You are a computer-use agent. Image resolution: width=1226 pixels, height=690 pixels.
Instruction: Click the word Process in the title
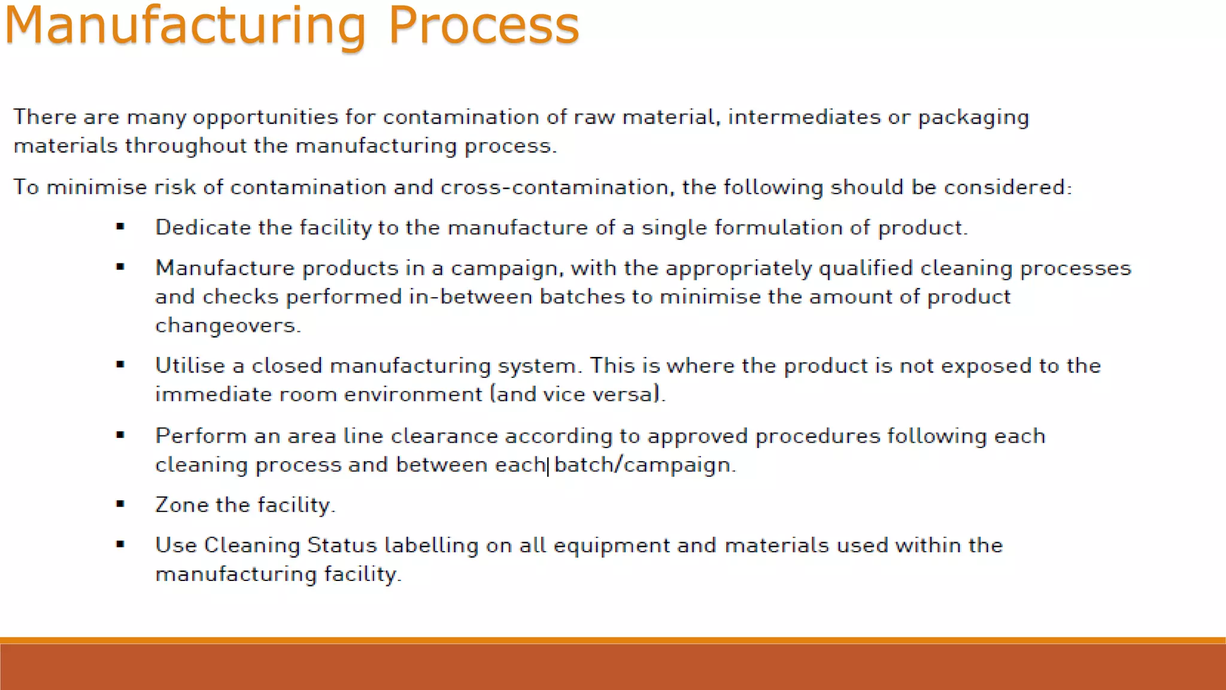click(484, 25)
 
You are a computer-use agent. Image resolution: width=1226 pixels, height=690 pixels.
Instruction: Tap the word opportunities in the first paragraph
click(265, 117)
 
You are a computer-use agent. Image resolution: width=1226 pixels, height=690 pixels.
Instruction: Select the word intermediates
click(804, 117)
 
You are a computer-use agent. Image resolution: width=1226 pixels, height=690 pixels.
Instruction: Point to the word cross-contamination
click(554, 187)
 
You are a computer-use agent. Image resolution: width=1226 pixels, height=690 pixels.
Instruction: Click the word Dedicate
click(203, 228)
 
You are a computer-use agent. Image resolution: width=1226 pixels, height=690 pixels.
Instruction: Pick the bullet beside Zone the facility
click(120, 504)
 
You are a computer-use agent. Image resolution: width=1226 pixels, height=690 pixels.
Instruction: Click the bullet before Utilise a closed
click(120, 365)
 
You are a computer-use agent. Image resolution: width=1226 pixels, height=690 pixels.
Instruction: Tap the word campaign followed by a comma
click(506, 269)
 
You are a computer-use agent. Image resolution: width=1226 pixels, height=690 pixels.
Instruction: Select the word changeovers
click(227, 326)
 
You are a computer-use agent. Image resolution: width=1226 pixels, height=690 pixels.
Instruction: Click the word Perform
click(201, 436)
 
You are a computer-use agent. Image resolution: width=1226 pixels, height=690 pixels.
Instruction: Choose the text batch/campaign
click(644, 465)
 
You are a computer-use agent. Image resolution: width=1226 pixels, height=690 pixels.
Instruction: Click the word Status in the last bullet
click(342, 545)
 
